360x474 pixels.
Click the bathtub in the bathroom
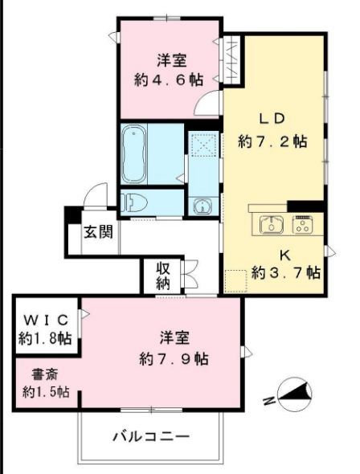coord(134,153)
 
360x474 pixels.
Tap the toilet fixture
coord(133,202)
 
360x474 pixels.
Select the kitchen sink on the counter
coord(272,225)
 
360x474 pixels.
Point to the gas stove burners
coord(303,225)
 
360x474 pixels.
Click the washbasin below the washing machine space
coord(202,206)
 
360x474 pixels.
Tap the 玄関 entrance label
coord(98,232)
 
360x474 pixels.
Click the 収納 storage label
coord(162,276)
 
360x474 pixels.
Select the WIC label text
coord(47,320)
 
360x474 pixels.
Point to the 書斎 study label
coord(45,375)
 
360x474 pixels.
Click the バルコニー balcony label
coord(151,436)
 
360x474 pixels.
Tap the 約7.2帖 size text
coord(272,141)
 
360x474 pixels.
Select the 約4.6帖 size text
coord(169,80)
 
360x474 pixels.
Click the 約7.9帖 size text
coord(174,359)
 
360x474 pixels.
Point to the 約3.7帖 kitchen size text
coord(285,273)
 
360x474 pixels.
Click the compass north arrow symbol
coord(295,394)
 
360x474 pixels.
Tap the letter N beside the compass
coord(268,401)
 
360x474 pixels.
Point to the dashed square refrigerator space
coord(235,281)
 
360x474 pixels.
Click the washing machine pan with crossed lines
coord(204,145)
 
